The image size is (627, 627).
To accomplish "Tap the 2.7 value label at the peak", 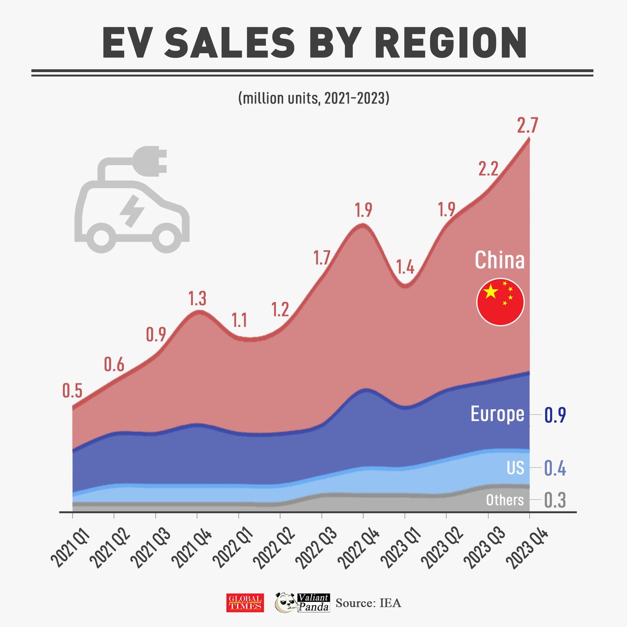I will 527,126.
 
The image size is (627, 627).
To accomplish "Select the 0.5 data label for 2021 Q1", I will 72,390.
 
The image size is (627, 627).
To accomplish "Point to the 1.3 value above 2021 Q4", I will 198,298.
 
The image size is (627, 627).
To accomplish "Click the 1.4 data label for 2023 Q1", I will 405,268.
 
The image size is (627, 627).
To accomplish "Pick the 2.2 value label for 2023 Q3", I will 489,169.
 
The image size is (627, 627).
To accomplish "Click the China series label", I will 499,260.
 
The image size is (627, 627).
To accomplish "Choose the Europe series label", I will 497,414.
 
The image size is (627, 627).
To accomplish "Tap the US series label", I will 515,468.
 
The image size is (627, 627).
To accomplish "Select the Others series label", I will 504,500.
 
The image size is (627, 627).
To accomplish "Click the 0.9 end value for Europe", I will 555,415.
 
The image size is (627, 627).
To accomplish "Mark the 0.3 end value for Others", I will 555,501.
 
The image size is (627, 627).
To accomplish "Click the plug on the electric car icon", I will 152,160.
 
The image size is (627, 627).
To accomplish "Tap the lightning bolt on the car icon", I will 131,211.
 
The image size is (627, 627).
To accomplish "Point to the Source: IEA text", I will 368,603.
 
